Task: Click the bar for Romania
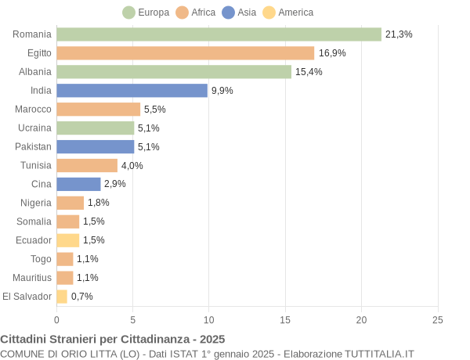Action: tap(219, 34)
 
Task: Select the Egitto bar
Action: tap(185, 53)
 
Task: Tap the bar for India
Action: tap(132, 91)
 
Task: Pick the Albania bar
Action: tap(174, 72)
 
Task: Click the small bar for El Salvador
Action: tap(62, 297)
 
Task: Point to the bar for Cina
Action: tap(78, 184)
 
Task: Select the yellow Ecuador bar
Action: tap(67, 240)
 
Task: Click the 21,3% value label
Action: tap(399, 34)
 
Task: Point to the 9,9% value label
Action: tap(222, 91)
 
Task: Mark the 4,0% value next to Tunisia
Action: tap(132, 166)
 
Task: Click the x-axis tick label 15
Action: tap(285, 320)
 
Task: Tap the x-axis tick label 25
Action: tap(438, 320)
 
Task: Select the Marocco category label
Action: tap(33, 110)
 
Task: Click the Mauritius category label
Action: tap(32, 278)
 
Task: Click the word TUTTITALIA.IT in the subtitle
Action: tap(372, 354)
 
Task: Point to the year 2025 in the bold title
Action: tap(211, 339)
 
